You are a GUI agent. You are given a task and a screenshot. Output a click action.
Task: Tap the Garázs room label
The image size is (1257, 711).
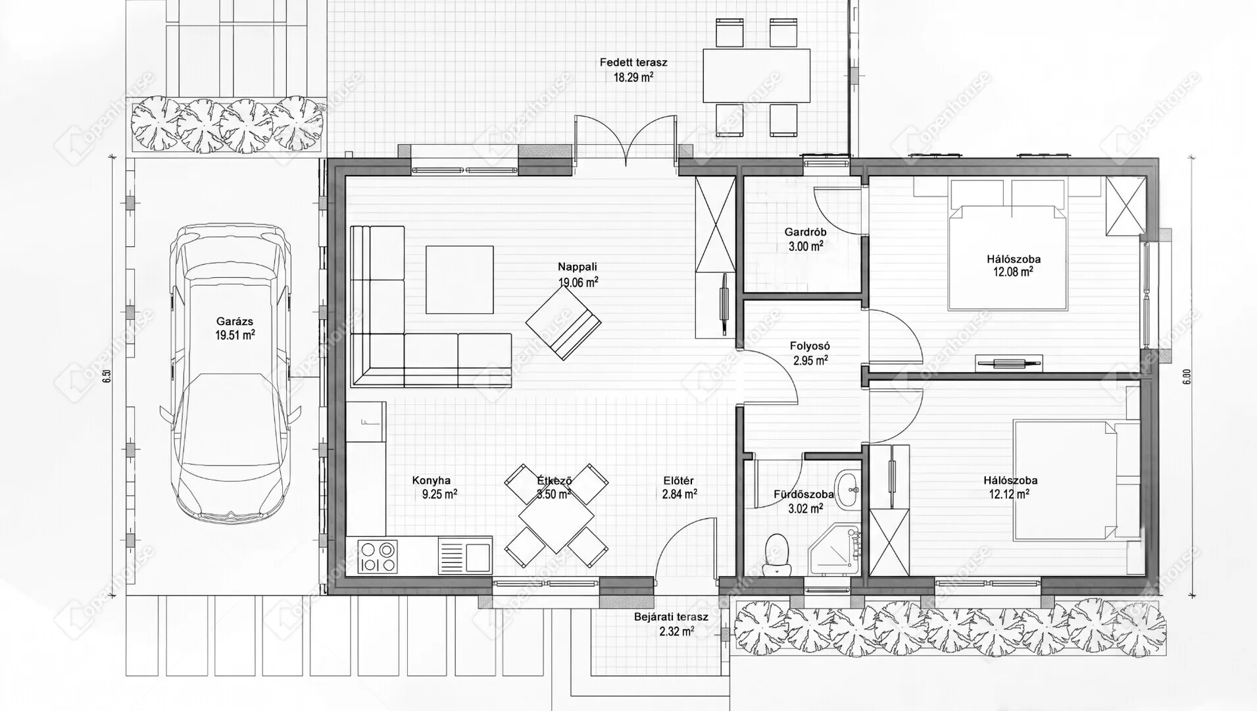(235, 322)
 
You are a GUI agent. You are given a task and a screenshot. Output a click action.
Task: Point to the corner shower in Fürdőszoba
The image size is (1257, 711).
(833, 551)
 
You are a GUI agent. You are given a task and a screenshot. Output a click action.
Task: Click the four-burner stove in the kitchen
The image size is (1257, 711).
(378, 556)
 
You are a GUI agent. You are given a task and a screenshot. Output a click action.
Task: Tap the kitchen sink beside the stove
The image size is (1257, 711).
(464, 555)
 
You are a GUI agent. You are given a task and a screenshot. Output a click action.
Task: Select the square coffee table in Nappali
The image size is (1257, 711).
(459, 280)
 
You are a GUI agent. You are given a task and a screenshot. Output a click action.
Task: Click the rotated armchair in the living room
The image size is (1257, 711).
(563, 323)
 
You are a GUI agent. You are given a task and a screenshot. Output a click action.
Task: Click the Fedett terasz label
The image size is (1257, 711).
(633, 63)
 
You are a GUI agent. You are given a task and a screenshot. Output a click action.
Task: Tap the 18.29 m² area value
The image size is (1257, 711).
(633, 77)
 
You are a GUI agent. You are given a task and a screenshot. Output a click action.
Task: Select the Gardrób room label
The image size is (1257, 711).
(806, 232)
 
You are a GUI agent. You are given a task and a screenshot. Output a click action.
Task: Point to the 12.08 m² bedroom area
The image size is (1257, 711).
(1013, 271)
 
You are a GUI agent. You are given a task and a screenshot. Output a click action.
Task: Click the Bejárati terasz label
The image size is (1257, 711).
(671, 617)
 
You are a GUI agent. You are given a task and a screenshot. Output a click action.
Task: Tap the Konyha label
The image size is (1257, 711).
(431, 481)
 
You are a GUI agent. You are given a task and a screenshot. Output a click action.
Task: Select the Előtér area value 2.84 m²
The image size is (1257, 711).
(679, 494)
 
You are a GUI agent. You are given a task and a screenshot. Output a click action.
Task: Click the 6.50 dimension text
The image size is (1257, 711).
(108, 377)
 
